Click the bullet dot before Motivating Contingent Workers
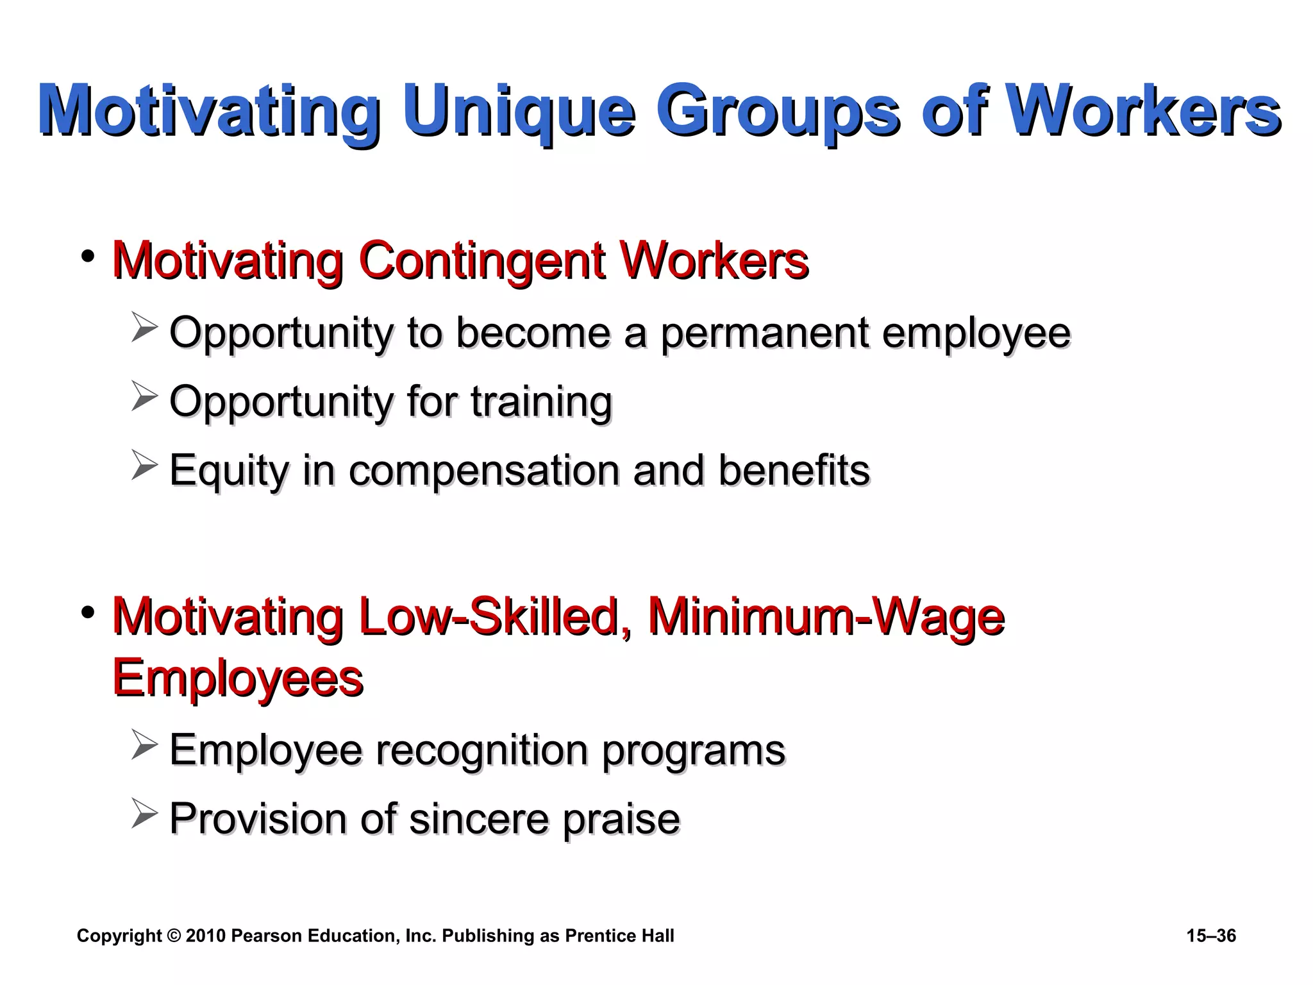pos(88,257)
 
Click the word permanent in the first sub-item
pos(764,333)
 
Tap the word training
pos(541,402)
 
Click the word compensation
pos(484,471)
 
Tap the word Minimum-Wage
pos(826,617)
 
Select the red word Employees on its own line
pos(238,678)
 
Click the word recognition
pos(481,750)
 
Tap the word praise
pos(621,820)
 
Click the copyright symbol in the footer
pos(174,936)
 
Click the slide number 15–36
pos(1210,936)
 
